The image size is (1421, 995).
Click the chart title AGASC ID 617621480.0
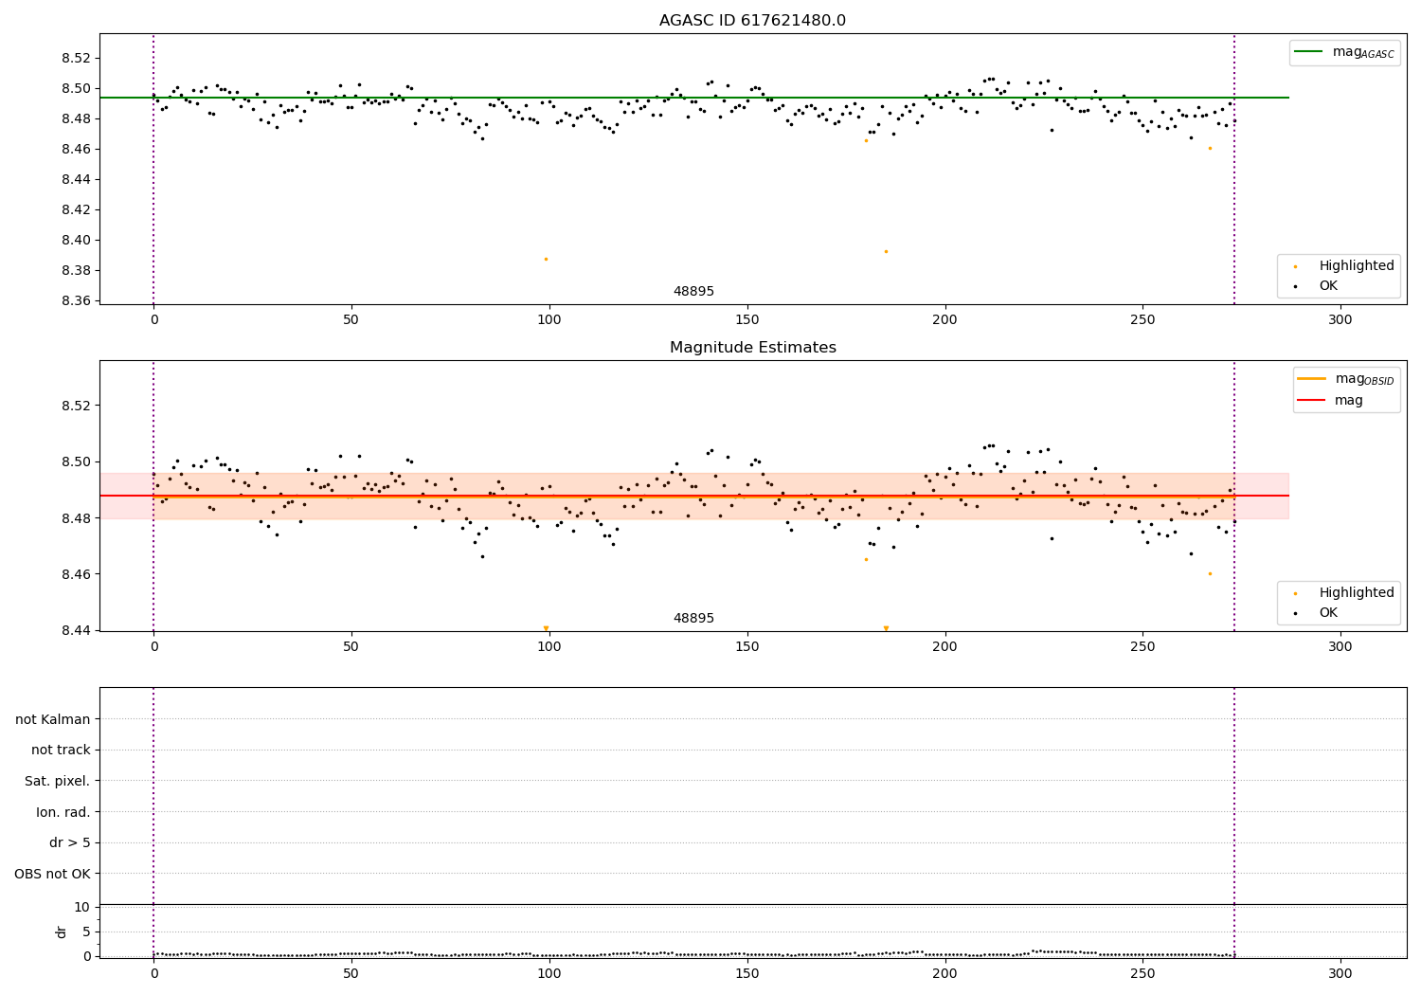752,21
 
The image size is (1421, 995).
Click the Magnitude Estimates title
752,348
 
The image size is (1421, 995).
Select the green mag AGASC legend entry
1343,52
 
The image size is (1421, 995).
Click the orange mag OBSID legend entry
1345,379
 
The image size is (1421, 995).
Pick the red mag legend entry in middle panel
1345,401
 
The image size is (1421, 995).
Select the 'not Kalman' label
53,719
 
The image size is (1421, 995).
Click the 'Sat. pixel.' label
57,781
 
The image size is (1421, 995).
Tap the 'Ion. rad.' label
63,812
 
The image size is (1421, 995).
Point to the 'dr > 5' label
69,842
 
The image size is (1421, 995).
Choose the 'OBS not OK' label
52,874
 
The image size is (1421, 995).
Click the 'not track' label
61,750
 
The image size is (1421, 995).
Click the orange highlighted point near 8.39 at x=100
546,259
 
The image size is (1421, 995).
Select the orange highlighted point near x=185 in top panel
886,251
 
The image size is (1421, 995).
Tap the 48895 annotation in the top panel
693,292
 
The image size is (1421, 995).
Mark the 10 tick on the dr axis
81,907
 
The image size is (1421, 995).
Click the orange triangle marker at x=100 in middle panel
546,628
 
